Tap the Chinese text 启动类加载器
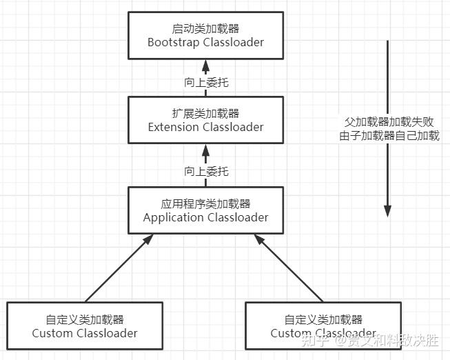(205, 29)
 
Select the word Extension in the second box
(173, 127)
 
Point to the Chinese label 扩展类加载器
(205, 114)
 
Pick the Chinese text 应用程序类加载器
(205, 204)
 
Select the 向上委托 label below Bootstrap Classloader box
(205, 82)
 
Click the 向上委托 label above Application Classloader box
(205, 172)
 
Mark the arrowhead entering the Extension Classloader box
(205, 148)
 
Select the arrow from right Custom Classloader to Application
(289, 269)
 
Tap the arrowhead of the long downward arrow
(388, 210)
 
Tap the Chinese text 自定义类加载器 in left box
(84, 320)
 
